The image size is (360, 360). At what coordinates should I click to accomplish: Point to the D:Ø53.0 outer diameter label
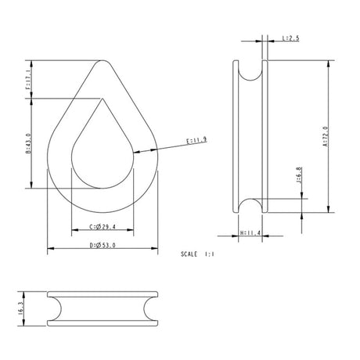pos(102,245)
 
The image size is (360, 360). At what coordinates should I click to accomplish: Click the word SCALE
pos(189,254)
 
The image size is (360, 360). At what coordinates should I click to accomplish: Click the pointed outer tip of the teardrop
pos(102,62)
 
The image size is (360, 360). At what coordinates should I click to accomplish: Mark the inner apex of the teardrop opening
pos(102,99)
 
